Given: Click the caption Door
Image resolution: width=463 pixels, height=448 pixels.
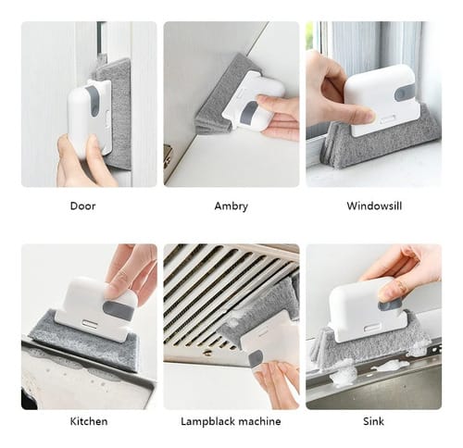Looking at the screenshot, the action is click(x=82, y=205).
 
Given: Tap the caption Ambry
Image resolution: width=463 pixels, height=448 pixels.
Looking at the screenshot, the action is click(x=231, y=206).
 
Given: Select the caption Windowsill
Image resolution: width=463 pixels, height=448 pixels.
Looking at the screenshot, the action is click(x=374, y=205).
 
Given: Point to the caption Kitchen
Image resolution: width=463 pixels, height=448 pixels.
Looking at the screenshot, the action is click(x=89, y=421).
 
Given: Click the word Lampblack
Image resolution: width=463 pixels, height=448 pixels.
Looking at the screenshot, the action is click(x=207, y=421).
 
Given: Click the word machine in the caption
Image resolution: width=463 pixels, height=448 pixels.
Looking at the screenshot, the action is click(x=259, y=421).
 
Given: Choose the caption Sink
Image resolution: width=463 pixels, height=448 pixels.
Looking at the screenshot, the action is click(x=373, y=421).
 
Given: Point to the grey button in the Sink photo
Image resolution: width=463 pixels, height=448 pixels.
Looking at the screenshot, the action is click(x=389, y=305).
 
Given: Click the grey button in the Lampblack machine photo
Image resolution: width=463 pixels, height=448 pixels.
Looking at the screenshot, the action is click(x=256, y=358).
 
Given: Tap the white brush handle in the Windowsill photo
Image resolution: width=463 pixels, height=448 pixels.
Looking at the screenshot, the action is click(x=382, y=101).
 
